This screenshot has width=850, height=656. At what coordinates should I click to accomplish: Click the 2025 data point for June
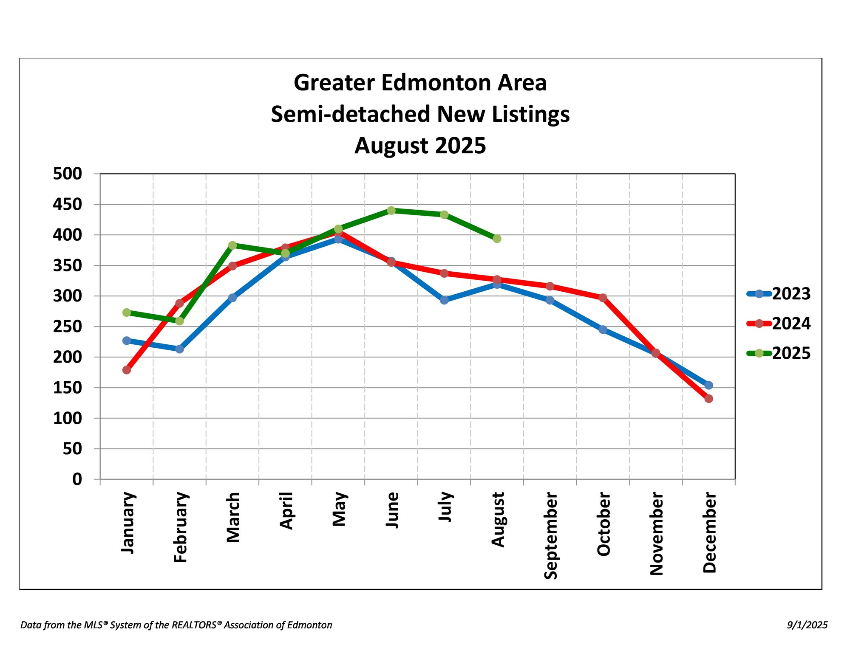[391, 211]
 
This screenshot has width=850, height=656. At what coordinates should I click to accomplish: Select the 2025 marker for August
[497, 239]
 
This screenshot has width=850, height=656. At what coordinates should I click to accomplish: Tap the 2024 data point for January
[127, 370]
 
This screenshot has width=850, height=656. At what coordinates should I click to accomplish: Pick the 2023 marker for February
[179, 349]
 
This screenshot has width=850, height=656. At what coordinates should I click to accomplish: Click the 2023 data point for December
[708, 385]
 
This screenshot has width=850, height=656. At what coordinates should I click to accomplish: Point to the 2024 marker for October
[603, 298]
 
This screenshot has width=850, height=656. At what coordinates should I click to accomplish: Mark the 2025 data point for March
[232, 245]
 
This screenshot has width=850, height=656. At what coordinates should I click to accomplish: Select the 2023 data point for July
[444, 300]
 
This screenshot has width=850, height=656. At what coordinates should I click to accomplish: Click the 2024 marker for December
[708, 399]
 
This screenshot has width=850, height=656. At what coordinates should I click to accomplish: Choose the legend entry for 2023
[779, 294]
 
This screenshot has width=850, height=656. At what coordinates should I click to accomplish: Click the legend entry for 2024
[779, 324]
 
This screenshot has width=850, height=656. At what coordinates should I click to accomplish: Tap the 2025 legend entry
[779, 353]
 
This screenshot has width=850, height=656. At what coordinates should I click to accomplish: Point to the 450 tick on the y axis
[67, 204]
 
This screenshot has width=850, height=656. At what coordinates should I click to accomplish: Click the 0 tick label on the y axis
[77, 479]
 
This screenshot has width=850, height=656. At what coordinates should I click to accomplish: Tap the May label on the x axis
[339, 510]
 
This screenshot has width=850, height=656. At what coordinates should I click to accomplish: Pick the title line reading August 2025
[420, 146]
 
